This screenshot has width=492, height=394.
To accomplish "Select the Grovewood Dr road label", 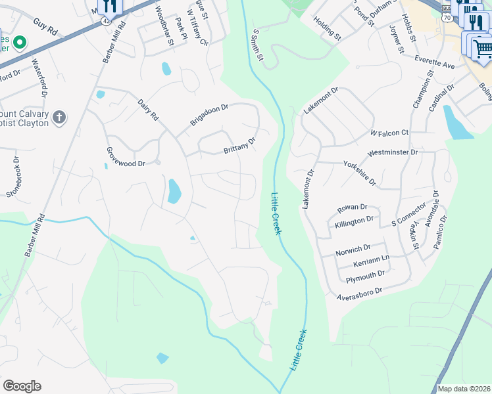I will pos(126,155).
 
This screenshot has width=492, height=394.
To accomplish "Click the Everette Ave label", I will pos(435,62).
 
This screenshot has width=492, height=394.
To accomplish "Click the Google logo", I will pos(22,386).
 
